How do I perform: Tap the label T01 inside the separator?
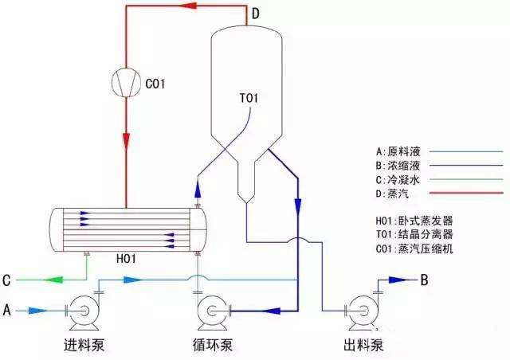pos(250,100)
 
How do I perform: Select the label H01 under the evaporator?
pos(127,258)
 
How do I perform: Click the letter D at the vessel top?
pos(255,14)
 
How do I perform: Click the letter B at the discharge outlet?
pos(425,280)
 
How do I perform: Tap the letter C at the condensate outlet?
pos(6,280)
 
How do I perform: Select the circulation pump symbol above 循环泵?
pos(212,310)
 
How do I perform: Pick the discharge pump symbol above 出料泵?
pos(355,310)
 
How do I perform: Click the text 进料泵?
pos(84,346)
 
